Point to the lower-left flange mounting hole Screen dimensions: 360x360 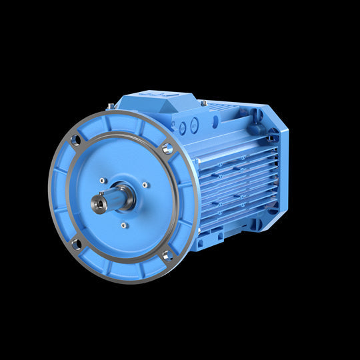click(x=76, y=245)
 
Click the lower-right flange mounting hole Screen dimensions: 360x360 click(x=167, y=255)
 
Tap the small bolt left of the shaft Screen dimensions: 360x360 click(x=102, y=180)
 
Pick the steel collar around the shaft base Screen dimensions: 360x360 click(x=125, y=197)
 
